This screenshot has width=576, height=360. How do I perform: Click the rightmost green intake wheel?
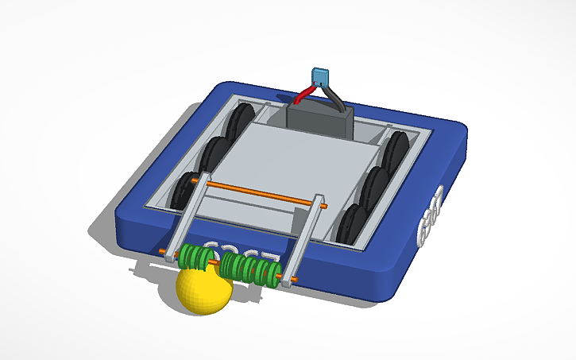coord(273,273)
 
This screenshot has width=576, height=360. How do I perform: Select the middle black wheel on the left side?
coord(214,154)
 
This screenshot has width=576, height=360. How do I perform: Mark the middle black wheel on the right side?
coord(375,184)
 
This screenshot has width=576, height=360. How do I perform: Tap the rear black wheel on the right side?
coord(395,149)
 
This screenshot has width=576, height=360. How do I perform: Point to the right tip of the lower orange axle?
coord(296,280)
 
